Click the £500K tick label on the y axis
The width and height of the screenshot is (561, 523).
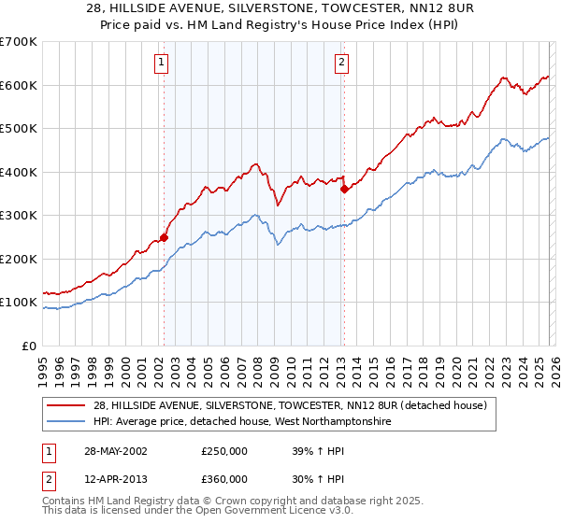pos(18,128)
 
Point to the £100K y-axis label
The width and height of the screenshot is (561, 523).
pos(18,302)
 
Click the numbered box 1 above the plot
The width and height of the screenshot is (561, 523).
pos(162,63)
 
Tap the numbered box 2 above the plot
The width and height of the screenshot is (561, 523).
pos(341,63)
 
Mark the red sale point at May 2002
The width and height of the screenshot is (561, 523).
pos(164,237)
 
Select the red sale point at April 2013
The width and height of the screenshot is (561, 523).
pos(344,190)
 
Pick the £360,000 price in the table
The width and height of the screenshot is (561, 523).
pos(223,479)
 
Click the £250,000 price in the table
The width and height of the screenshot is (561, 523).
pos(223,451)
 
